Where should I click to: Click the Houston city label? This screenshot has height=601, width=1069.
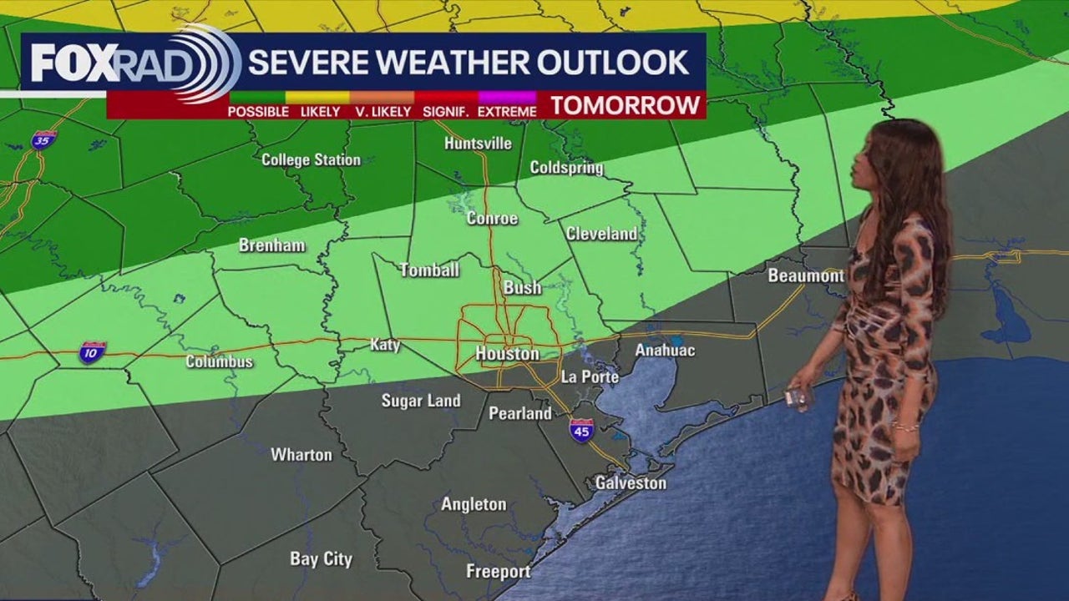point(507,354)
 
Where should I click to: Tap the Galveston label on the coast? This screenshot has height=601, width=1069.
point(631,483)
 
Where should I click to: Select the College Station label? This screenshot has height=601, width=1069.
point(311,159)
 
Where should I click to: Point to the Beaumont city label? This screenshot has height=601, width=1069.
point(806,275)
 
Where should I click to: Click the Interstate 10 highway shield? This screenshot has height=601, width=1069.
point(92,352)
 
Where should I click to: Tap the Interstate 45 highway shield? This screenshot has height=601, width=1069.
point(581,431)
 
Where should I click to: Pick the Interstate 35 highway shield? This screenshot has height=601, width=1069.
point(43,139)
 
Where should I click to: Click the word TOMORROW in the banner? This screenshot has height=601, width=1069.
point(625,105)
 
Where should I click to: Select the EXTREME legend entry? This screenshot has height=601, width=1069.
point(508,111)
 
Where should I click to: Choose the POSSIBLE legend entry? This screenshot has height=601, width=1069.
point(258,111)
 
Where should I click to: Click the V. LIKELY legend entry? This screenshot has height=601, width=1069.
point(383,111)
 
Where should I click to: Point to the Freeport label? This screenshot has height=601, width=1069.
point(498,572)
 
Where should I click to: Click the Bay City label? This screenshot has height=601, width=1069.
point(321,559)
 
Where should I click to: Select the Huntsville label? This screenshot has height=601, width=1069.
point(478,144)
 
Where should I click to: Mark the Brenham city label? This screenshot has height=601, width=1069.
point(271,245)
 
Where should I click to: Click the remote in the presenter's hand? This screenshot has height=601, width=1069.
point(797,399)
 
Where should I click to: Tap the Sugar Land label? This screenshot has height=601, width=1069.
point(421,401)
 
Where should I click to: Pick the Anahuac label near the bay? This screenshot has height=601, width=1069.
point(665,351)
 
